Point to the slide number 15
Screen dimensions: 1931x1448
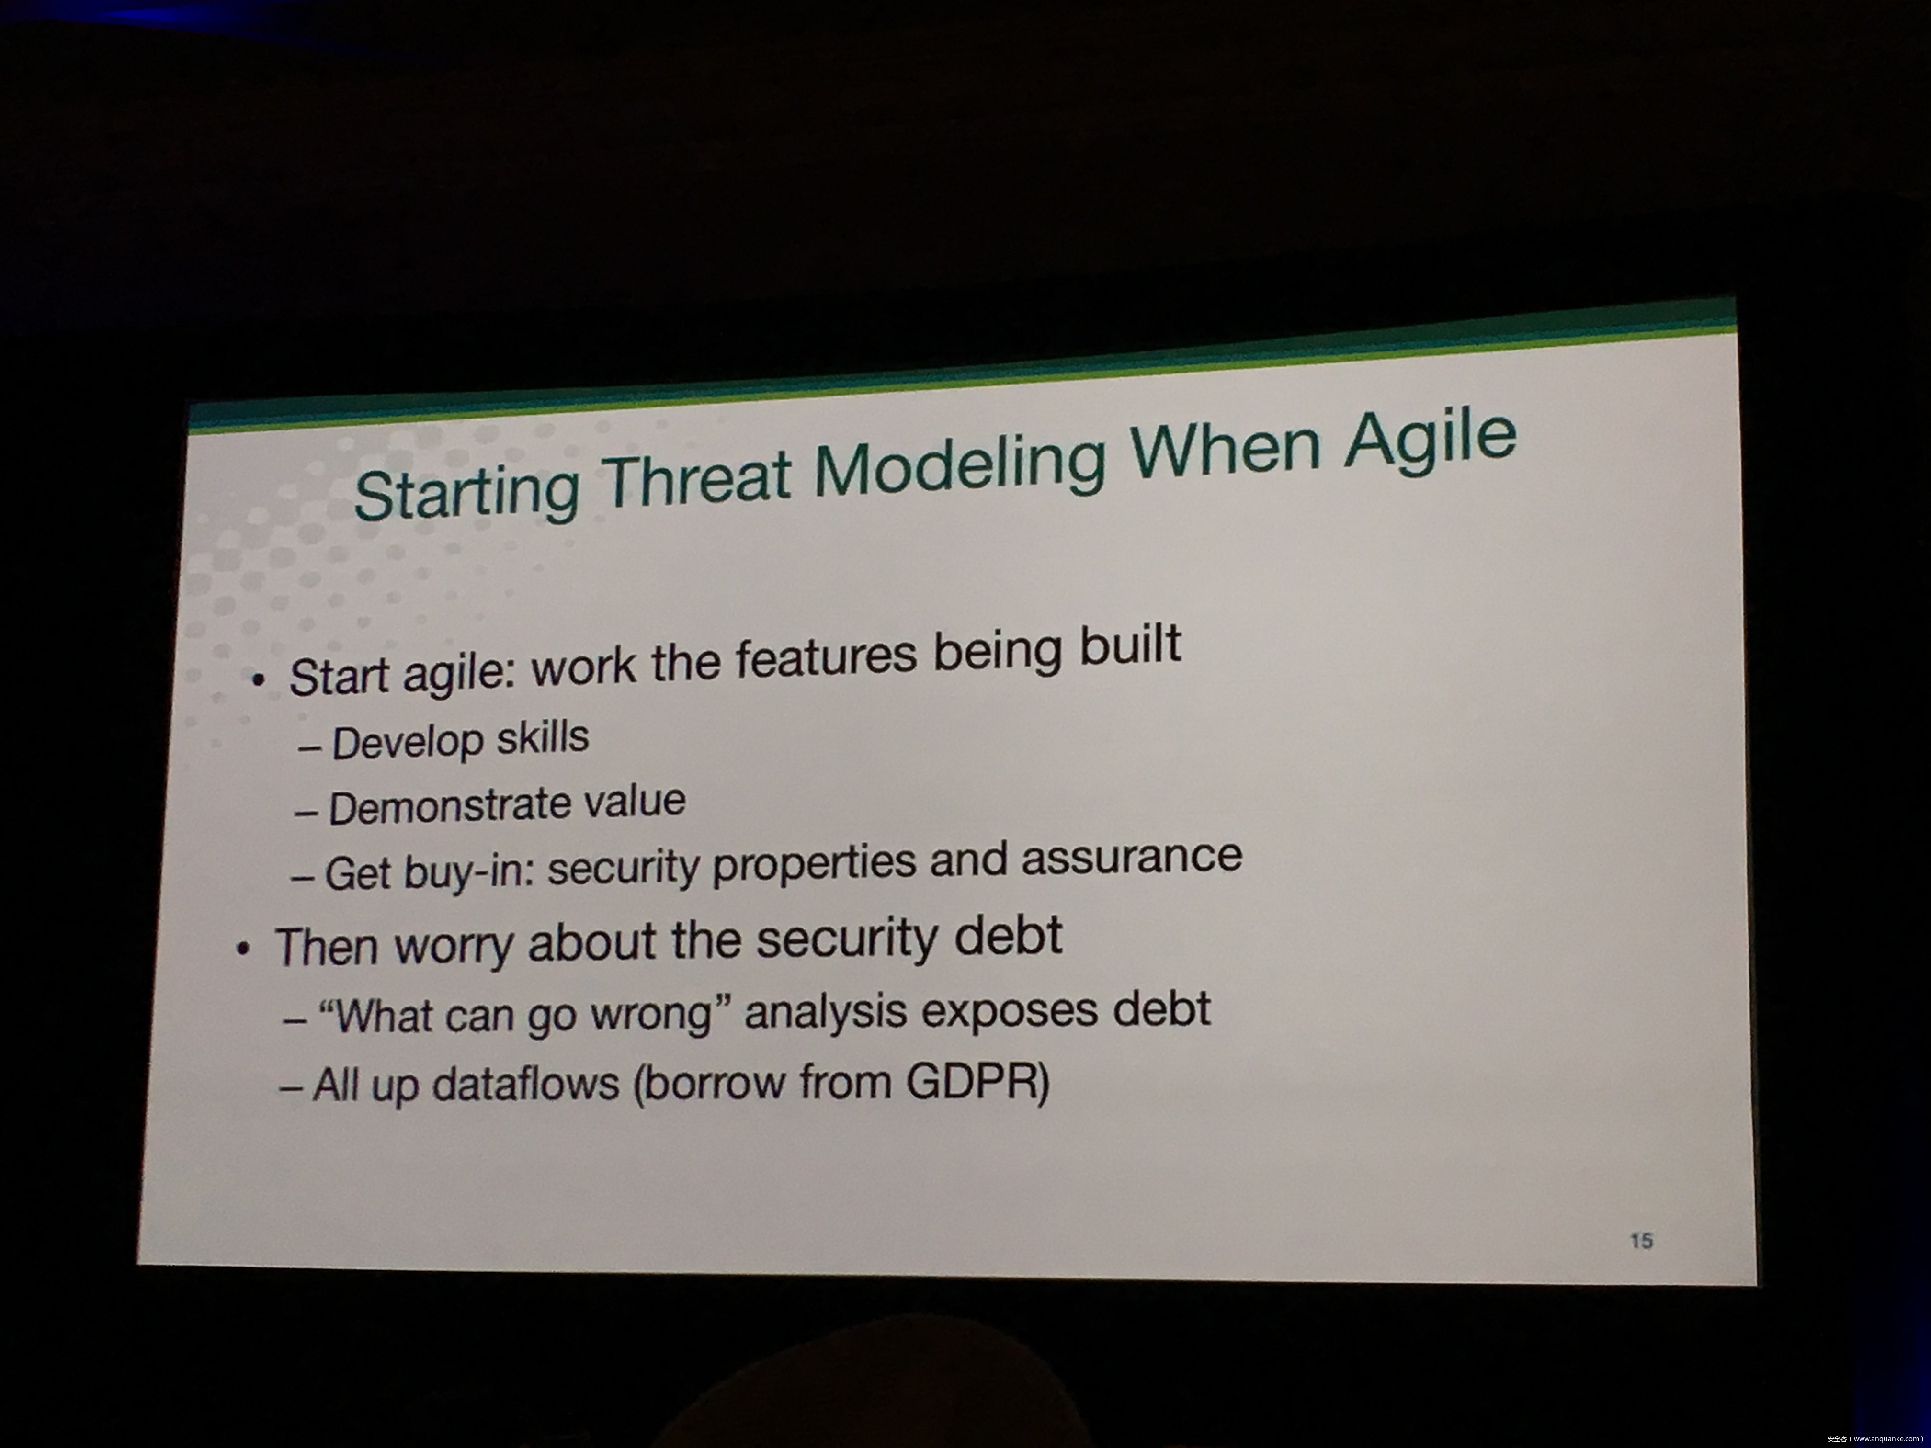point(1641,1240)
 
